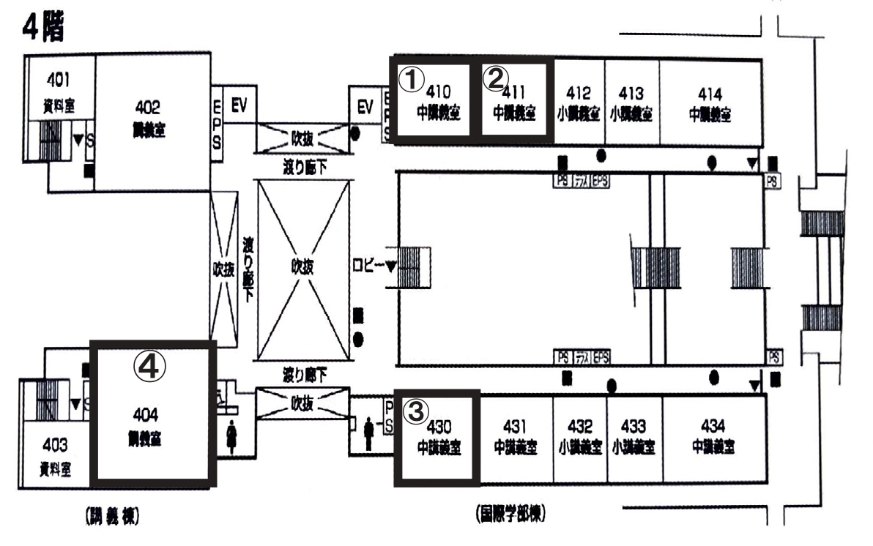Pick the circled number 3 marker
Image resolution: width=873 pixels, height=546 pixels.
416,411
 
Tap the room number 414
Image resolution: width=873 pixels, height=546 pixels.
710,93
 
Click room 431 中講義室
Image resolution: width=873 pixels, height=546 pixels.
516,435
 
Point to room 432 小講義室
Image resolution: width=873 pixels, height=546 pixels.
579,435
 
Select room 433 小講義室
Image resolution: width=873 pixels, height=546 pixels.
633,435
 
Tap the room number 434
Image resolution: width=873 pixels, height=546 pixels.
713,425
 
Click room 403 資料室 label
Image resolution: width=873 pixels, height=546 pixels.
55,454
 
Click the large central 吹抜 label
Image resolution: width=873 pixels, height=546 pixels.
303,267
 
